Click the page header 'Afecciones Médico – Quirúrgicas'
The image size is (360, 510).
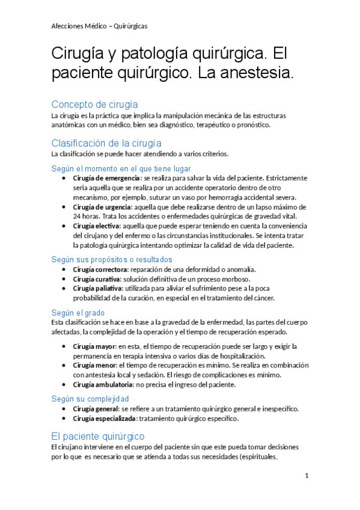(x=99, y=26)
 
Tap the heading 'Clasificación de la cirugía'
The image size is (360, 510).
(x=106, y=143)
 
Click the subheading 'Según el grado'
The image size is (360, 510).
(x=78, y=313)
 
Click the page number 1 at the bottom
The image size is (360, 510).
(x=307, y=476)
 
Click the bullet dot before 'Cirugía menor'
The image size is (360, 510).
(x=65, y=366)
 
